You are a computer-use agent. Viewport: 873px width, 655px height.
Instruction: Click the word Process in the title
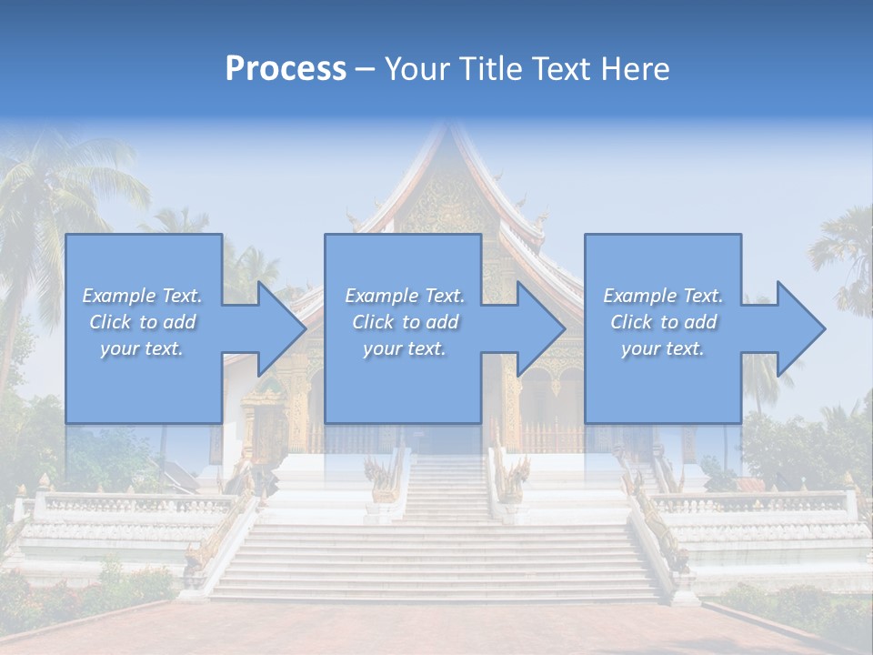point(286,69)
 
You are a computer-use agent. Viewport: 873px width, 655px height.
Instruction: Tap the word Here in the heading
point(635,69)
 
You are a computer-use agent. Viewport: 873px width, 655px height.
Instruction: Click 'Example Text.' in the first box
point(142,296)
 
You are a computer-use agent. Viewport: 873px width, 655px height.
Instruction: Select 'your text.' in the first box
point(142,348)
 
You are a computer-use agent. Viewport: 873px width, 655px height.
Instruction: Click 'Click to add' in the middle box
point(405,322)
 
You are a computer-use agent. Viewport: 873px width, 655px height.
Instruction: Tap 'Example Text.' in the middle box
point(405,296)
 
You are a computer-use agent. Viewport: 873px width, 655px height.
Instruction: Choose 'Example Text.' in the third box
point(663,296)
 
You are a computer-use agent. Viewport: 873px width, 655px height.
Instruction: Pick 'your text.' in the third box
point(663,348)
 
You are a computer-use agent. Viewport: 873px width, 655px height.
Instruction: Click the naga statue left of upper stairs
point(382,478)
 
